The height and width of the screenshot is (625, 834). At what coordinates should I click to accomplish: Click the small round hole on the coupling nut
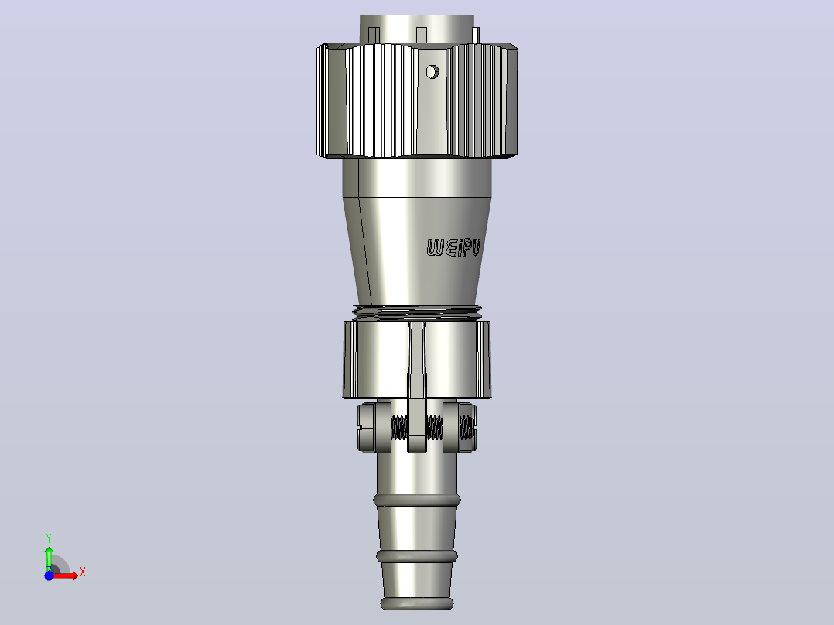coord(432,71)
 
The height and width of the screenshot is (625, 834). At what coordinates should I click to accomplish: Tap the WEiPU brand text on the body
coord(453,248)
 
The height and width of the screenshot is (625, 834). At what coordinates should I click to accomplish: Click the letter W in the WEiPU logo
coord(435,248)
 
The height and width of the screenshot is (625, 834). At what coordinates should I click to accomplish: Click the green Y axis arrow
coord(49,558)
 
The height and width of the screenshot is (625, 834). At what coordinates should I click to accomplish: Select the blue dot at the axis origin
coord(49,575)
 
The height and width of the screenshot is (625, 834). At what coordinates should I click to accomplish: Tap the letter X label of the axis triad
coord(83,572)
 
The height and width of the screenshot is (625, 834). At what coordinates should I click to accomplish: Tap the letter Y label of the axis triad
coord(49,538)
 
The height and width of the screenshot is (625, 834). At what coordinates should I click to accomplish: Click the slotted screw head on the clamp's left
coord(367,428)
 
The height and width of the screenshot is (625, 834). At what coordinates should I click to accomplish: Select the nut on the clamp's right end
coord(467,428)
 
